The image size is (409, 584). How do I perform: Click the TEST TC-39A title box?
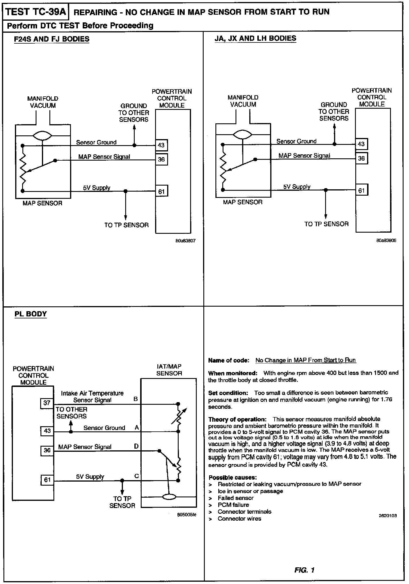pos(36,12)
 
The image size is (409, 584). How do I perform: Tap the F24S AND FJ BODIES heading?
pos(52,39)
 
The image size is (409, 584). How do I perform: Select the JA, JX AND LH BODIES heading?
pos(255,38)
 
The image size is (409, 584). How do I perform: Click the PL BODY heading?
pos(31,314)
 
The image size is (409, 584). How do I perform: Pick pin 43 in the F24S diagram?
pos(161,145)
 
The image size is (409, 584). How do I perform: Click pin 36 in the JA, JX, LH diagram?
pos(361,158)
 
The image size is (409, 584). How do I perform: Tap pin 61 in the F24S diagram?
pos(161,191)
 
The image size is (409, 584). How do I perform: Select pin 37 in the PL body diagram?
pos(47,403)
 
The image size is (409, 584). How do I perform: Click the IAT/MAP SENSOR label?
pos(169,370)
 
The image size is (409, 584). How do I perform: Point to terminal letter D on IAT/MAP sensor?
pos(136,446)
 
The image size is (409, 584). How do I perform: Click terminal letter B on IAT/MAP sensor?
pos(136,399)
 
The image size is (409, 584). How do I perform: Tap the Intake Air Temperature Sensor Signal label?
pos(92,396)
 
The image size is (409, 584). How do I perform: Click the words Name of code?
pos(228,360)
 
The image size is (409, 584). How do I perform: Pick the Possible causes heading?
pos(233,477)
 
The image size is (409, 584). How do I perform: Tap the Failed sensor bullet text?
pos(236,498)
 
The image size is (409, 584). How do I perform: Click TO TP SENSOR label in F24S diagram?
pos(126,225)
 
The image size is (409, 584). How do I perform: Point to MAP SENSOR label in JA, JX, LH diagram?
pos(243,202)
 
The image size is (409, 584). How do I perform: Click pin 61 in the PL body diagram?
pos(47,479)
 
